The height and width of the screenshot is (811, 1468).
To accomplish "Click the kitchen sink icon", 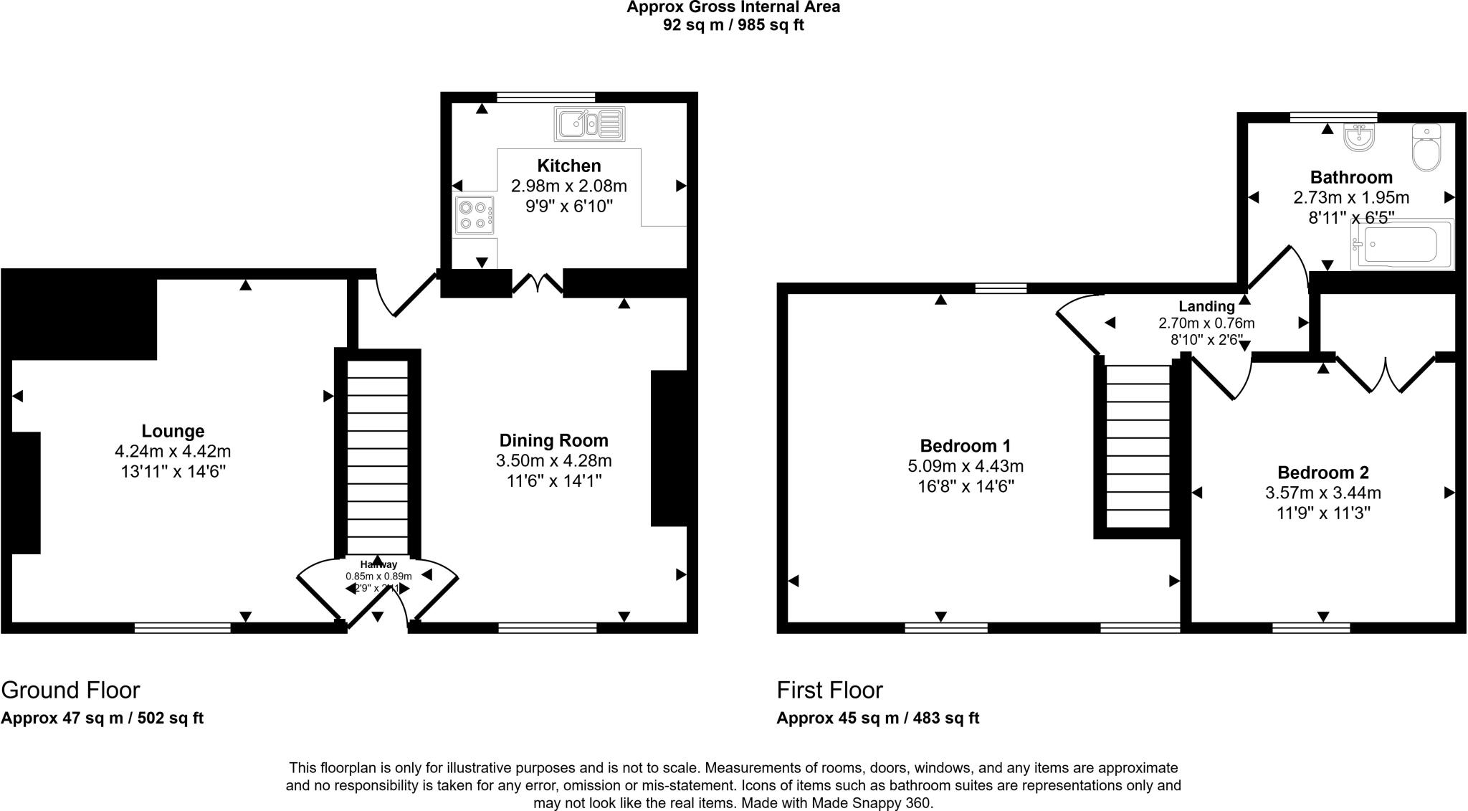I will [x=589, y=124].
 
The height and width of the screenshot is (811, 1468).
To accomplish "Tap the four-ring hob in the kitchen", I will [x=474, y=214].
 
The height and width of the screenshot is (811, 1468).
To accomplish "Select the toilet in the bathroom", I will [x=1426, y=148].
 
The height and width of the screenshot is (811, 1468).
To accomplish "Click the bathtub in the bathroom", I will [x=1401, y=245].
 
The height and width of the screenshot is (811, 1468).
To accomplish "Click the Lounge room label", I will [x=173, y=431].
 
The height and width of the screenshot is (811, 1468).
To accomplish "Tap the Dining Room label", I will [x=553, y=440].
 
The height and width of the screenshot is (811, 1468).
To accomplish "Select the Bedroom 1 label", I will [x=965, y=445].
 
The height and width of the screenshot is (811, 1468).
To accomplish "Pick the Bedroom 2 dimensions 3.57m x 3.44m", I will [x=1322, y=493].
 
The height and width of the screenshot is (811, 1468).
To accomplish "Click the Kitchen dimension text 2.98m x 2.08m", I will [x=568, y=186].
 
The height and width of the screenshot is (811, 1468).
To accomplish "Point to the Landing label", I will [x=1206, y=306].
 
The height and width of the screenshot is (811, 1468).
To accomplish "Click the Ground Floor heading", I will [x=70, y=690].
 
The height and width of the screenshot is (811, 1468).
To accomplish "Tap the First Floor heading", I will [x=829, y=690].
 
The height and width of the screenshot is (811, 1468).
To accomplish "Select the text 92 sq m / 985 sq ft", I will [x=733, y=25].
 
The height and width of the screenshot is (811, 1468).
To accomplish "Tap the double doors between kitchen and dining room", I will [x=538, y=284].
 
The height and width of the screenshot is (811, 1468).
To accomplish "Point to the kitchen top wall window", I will [x=545, y=97].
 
